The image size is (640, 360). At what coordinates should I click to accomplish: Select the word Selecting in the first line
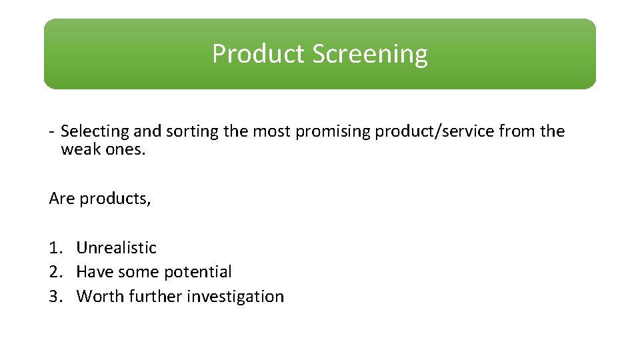click(94, 131)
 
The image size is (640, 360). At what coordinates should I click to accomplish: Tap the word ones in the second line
click(124, 149)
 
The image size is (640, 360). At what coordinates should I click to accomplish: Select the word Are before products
click(62, 199)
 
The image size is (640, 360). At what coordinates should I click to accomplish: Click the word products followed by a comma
click(115, 199)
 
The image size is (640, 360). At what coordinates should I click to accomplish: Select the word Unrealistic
click(117, 248)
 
